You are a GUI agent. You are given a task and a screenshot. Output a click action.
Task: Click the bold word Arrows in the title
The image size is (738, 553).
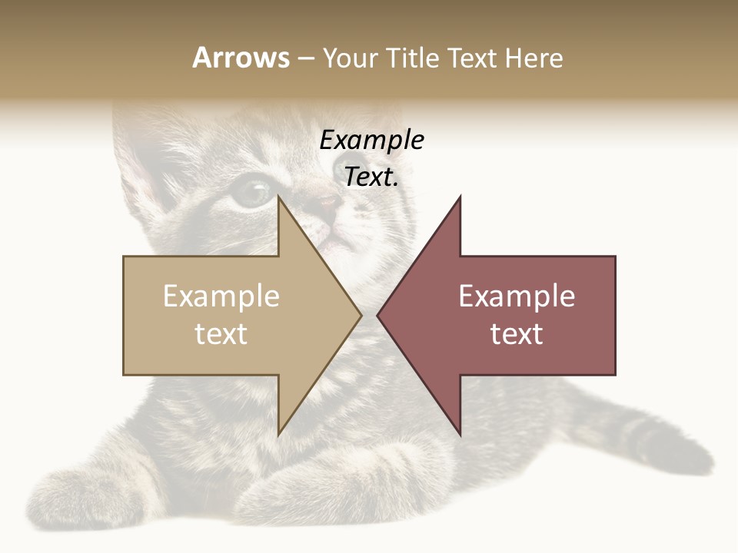(241, 58)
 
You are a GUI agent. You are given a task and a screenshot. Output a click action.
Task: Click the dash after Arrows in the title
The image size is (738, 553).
(305, 59)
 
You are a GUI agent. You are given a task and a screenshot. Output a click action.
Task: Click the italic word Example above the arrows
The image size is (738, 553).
(371, 141)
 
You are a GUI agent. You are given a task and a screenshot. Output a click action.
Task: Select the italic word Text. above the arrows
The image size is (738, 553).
(371, 177)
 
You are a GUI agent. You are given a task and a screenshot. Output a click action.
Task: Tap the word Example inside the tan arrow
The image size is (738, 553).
(221, 296)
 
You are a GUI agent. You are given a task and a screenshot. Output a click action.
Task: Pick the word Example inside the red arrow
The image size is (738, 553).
(517, 296)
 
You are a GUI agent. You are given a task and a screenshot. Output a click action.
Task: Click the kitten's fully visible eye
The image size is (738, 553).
(252, 192)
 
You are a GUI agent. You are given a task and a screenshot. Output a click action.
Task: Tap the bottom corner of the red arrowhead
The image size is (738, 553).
(460, 434)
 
